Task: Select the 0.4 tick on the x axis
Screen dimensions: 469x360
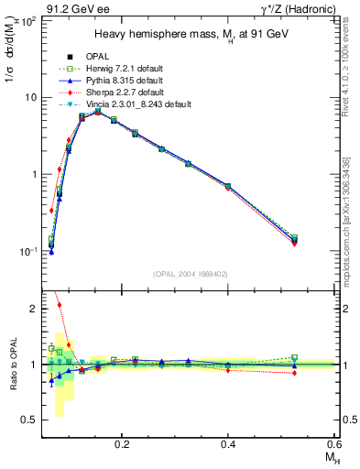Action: click(x=228, y=443)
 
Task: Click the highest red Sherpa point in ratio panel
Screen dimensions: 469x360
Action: click(x=60, y=305)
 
